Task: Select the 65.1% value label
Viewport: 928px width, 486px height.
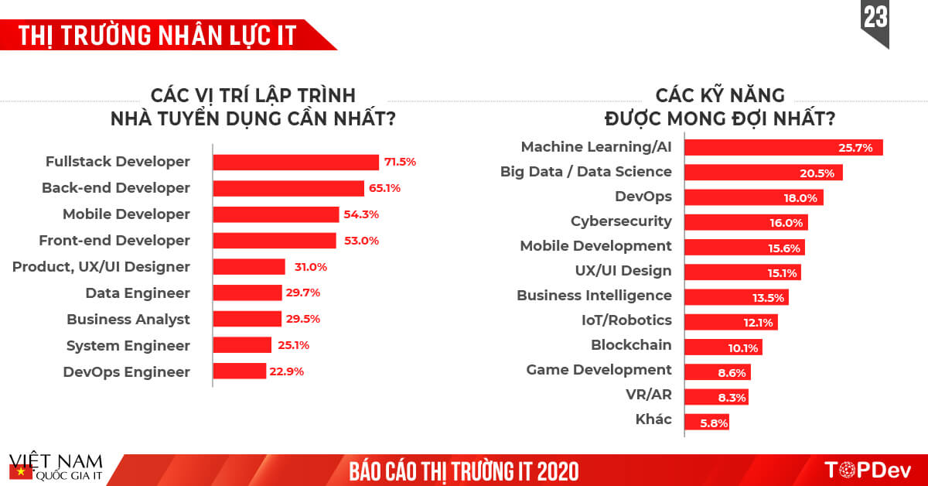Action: point(385,188)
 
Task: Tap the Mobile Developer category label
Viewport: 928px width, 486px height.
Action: point(126,214)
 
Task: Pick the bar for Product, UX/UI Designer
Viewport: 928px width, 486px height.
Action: point(249,267)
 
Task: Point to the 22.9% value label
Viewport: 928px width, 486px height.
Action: point(287,371)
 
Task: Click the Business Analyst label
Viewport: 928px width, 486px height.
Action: point(128,319)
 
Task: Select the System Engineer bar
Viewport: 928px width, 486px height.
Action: point(242,345)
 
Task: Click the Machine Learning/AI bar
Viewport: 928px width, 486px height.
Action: point(783,147)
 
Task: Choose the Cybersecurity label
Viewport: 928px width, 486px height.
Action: point(621,221)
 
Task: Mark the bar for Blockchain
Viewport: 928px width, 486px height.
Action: point(723,347)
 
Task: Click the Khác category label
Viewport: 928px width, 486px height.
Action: point(653,419)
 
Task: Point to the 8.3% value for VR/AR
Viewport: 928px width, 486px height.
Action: point(732,397)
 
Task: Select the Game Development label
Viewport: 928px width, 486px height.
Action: point(599,370)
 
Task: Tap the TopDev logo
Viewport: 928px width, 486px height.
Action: point(867,470)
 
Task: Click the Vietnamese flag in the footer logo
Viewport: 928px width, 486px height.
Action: point(18,471)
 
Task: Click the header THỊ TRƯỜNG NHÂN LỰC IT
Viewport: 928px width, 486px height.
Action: point(155,36)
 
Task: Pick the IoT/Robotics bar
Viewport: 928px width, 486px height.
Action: point(731,322)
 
